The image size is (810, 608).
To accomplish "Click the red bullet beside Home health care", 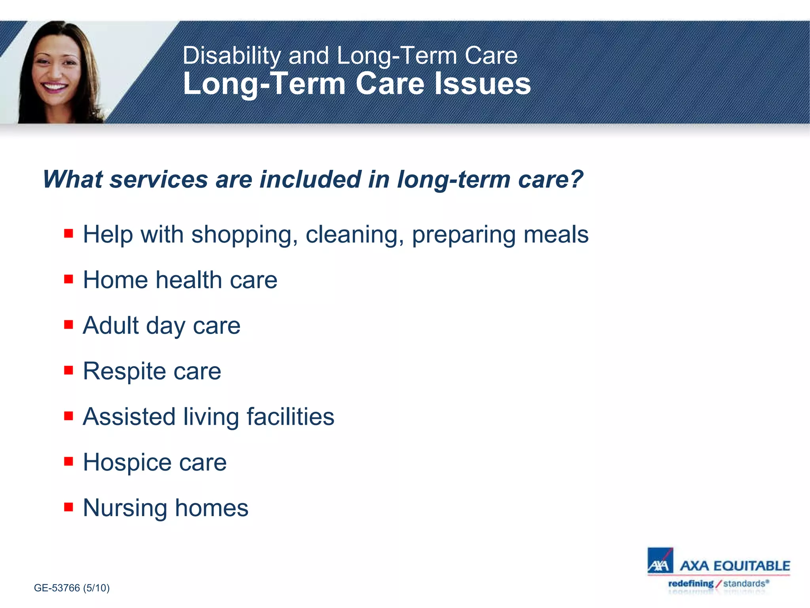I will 68,279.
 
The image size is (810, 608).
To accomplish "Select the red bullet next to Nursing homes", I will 68,507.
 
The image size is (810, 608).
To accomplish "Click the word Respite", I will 124,372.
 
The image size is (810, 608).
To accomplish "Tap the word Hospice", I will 127,463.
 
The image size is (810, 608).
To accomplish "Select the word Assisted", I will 129,417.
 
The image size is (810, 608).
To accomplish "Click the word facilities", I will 290,417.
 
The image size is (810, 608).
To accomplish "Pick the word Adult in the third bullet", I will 110,326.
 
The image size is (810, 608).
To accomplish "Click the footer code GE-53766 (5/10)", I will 72,588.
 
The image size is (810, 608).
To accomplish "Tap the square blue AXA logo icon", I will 660,560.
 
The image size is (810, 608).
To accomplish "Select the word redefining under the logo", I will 691,583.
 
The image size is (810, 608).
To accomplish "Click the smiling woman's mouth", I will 54,86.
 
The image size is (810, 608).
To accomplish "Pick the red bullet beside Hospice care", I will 68,462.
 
